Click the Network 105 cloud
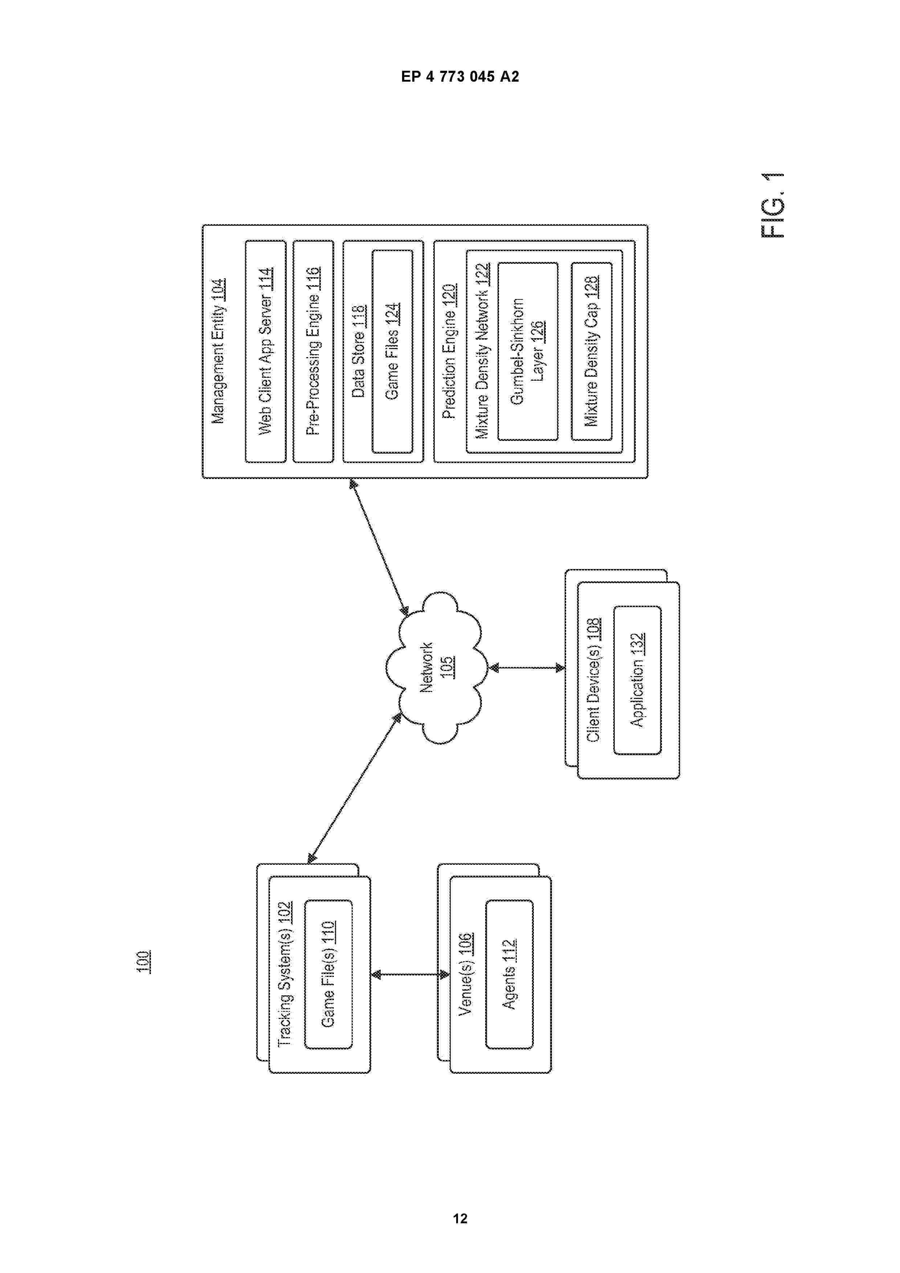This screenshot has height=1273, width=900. click(437, 668)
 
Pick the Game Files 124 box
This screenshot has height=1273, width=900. click(392, 352)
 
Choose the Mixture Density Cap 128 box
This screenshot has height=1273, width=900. click(592, 352)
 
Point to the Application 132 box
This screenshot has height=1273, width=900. click(637, 680)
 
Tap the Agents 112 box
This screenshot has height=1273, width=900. click(510, 974)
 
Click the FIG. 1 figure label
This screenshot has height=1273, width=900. click(773, 205)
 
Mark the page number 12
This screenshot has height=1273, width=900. click(460, 1218)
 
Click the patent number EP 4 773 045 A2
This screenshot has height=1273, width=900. click(460, 77)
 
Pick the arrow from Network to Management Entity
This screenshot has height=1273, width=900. click(380, 547)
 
